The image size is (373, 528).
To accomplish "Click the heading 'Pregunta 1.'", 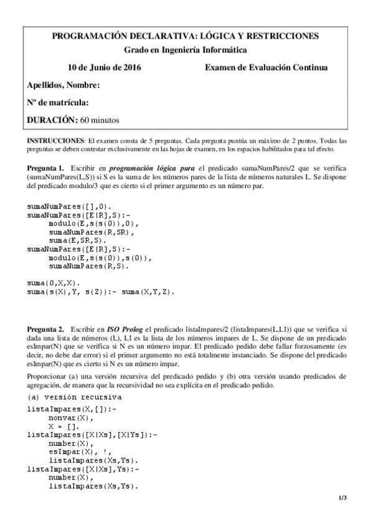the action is (x=45, y=169).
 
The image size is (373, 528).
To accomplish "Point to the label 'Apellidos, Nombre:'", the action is (x=64, y=85).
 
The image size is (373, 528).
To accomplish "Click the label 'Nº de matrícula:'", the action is (x=58, y=102).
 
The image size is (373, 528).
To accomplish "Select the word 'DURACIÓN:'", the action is (x=53, y=120).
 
